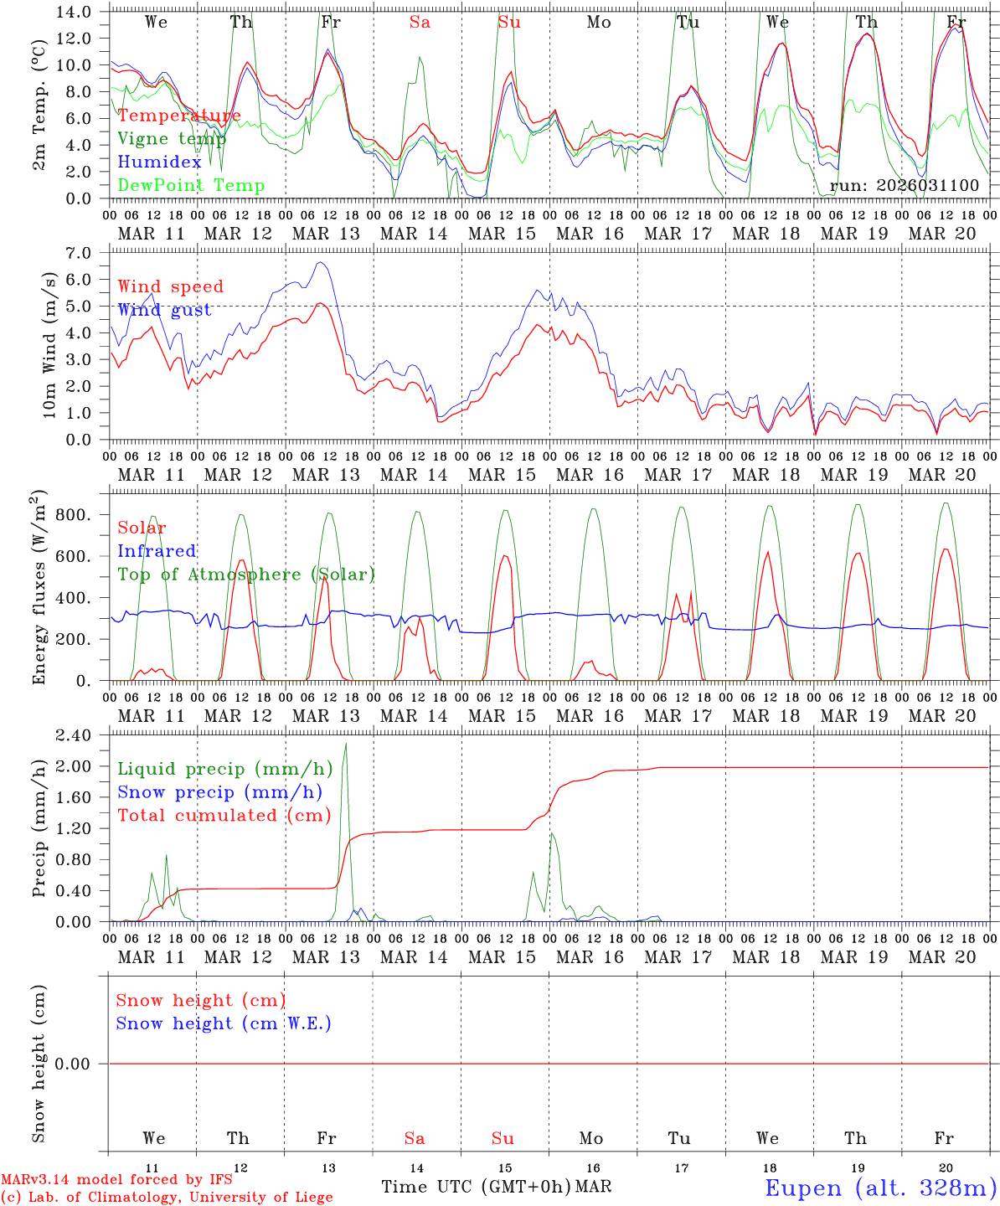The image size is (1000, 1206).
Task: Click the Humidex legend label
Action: click(160, 162)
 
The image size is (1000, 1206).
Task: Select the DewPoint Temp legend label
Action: click(191, 186)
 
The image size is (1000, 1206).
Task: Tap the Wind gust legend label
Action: click(164, 310)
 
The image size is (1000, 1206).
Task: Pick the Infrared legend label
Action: click(157, 551)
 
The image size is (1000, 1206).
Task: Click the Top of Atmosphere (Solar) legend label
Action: click(246, 575)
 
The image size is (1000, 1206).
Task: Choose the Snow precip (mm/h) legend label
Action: click(219, 792)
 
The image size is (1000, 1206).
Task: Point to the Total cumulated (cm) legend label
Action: click(224, 816)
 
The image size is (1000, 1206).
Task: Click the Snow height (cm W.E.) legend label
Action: click(224, 1023)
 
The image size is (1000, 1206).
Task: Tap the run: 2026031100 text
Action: click(905, 186)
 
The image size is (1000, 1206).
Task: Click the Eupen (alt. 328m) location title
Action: click(880, 1188)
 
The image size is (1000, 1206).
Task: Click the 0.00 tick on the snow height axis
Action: click(77, 1064)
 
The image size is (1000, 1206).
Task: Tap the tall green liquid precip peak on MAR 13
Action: click(346, 745)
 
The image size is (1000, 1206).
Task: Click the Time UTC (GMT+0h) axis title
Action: click(477, 1187)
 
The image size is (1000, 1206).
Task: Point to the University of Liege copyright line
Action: click(167, 1197)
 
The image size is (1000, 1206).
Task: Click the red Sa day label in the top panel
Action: click(420, 23)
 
